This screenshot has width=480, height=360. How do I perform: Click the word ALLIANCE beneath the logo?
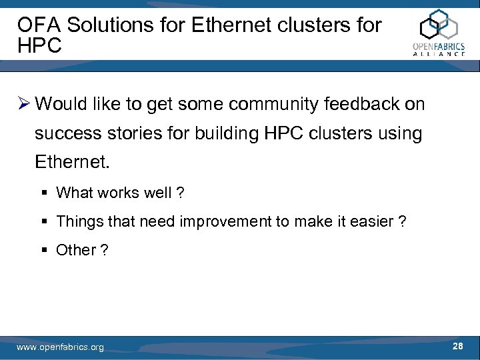click(x=438, y=54)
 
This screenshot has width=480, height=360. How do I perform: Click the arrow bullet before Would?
click(x=23, y=104)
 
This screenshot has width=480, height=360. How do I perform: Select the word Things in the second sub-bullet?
click(x=77, y=221)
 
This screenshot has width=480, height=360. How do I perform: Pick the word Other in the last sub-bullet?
click(x=75, y=250)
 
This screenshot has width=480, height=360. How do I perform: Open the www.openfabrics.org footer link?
click(x=60, y=347)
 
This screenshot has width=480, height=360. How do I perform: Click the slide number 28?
click(x=457, y=346)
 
